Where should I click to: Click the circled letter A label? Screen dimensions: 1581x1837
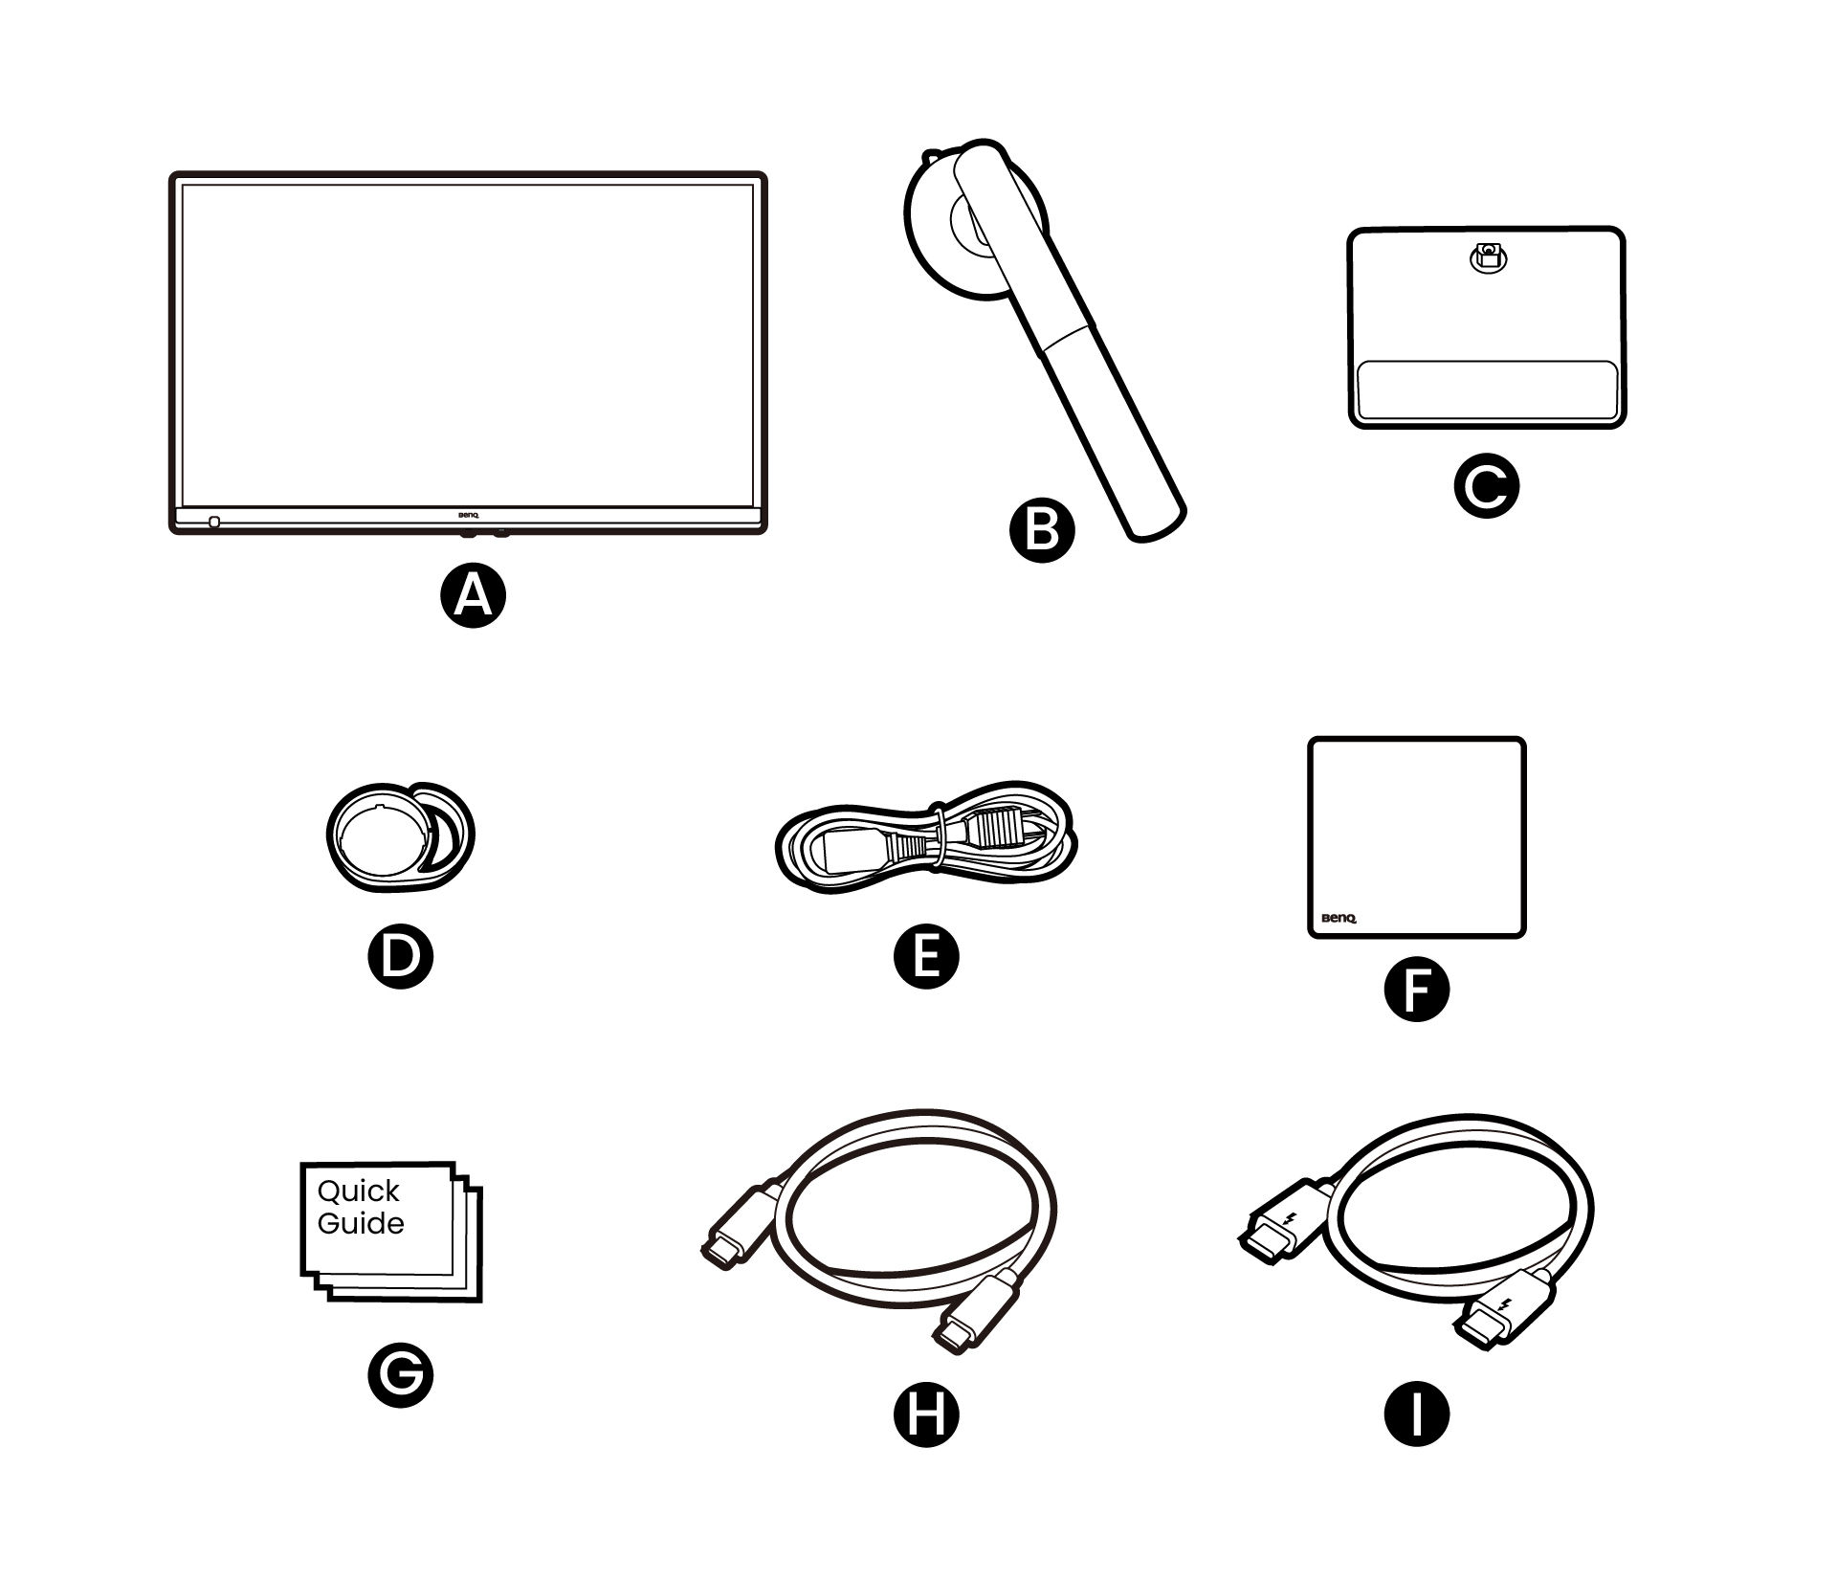(473, 595)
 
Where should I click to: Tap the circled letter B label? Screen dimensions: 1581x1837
(1042, 530)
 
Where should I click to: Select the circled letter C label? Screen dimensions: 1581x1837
(1486, 486)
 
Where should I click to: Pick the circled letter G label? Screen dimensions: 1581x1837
(401, 1374)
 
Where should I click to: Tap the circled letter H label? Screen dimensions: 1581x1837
(925, 1414)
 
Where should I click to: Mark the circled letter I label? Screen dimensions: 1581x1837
(1417, 1414)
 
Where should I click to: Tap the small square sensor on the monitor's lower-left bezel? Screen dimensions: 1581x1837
(213, 523)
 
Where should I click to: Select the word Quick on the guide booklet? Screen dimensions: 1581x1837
(359, 1192)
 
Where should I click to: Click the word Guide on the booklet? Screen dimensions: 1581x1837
(361, 1224)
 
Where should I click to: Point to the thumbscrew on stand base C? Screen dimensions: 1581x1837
(1486, 256)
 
